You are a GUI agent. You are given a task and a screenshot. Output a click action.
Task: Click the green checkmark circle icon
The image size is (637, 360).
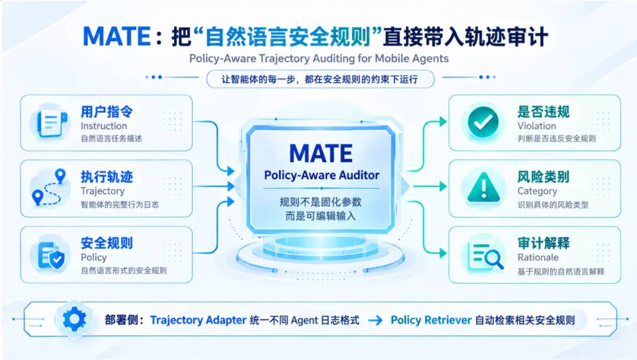pos(483,122)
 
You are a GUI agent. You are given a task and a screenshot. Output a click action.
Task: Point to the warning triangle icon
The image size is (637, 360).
pos(484,187)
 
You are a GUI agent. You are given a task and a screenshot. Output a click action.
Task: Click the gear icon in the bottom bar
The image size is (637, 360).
pos(74,319)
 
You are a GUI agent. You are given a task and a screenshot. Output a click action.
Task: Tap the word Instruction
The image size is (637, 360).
pos(104,126)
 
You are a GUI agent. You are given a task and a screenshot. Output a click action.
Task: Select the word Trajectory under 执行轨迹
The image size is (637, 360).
pos(103,191)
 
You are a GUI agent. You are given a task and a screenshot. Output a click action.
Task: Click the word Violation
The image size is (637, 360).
pos(537,126)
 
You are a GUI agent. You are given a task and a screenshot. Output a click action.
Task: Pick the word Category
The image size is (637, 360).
pos(537,191)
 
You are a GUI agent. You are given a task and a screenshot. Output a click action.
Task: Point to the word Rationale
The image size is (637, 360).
pos(538,257)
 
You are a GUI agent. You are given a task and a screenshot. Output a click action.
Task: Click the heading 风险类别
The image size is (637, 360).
pos(543,176)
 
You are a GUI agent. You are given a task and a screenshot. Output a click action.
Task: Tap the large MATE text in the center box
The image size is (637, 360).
pos(321,153)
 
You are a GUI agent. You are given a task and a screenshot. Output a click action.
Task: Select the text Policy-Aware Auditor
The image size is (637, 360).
pos(321,175)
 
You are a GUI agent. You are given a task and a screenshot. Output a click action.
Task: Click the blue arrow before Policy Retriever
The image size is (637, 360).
pos(375,320)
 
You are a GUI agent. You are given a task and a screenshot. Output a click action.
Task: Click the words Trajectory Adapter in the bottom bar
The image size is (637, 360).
pos(198,320)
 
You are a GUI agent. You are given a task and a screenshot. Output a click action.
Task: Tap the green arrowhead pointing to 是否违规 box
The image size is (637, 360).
pos(443,122)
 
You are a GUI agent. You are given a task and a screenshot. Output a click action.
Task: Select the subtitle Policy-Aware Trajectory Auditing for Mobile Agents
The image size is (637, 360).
pos(319,58)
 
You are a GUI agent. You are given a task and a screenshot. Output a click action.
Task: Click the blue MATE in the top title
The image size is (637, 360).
pos(117,37)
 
